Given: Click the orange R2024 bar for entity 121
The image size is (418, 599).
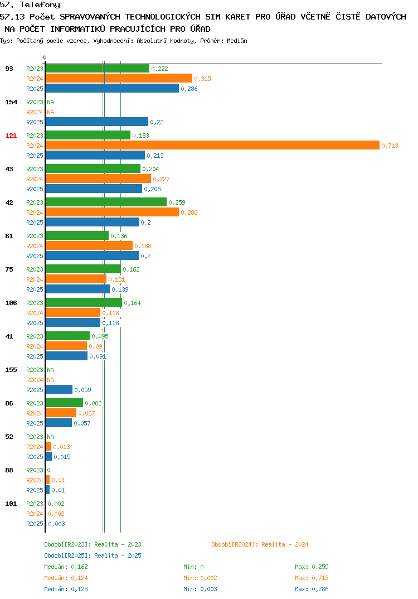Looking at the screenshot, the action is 213,145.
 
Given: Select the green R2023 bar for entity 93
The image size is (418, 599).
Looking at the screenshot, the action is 98,69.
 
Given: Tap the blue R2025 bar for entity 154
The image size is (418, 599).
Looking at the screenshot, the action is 97,122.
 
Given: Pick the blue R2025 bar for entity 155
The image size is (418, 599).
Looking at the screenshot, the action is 59,389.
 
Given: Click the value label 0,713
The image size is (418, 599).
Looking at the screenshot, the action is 390,146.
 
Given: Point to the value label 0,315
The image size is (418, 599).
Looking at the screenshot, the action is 202,79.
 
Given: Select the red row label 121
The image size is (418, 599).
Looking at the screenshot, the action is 11,136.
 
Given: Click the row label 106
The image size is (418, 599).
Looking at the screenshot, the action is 11,303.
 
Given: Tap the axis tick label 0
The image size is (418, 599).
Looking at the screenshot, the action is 45,57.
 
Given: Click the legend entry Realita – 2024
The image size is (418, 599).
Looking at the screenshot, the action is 260,544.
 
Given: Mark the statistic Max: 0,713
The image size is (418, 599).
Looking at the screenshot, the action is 312,578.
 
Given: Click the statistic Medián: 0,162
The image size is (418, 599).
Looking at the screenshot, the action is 66,567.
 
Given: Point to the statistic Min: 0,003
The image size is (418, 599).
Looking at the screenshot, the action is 200,589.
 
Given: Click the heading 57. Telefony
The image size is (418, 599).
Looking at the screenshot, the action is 30,5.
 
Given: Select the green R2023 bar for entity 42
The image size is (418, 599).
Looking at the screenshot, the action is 106,202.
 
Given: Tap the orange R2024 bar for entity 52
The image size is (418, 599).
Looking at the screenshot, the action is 48,446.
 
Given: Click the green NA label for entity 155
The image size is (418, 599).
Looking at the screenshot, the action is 50,370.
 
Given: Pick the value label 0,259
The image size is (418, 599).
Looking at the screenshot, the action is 177,202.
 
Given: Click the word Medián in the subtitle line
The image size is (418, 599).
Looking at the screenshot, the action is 237,41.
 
